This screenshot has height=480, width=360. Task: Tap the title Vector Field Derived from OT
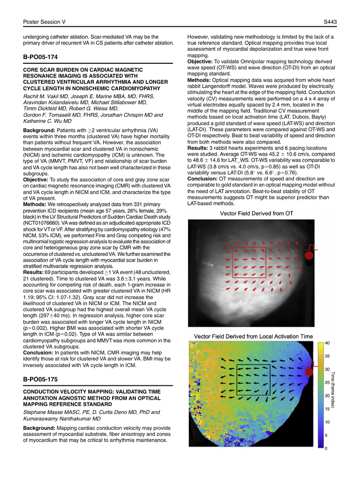(256, 214)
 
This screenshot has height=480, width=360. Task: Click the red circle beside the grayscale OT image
(309, 255)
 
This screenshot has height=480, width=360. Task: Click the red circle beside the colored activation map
(309, 372)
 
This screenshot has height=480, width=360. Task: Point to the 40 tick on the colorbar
(327, 343)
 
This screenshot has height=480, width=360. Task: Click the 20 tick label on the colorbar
(327, 396)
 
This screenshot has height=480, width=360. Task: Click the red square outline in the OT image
(249, 262)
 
